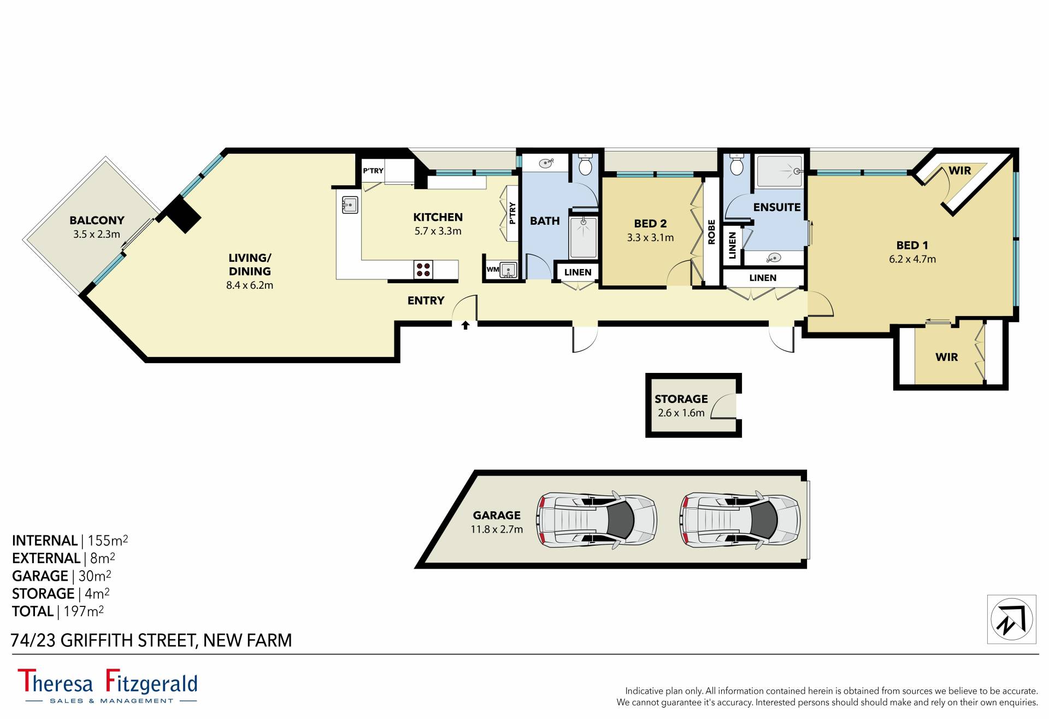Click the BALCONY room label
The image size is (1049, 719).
point(97,220)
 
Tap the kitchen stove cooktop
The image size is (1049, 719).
point(423,269)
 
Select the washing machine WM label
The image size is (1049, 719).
point(493,270)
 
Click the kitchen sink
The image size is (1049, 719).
point(350,205)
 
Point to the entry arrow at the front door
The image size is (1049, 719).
point(465,325)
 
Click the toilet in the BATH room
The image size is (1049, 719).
point(585,165)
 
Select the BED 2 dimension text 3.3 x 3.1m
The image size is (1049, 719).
point(650,238)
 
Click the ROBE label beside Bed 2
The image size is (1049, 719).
point(711,232)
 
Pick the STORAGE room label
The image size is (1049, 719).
point(681,399)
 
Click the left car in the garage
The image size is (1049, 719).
point(597,519)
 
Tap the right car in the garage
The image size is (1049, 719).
point(740,519)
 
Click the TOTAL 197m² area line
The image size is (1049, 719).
point(58,611)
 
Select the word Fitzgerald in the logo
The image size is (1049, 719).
point(151,682)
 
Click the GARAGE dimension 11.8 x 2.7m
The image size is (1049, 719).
point(497,529)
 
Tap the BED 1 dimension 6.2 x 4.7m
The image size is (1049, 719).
point(912,259)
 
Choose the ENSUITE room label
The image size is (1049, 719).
point(777,207)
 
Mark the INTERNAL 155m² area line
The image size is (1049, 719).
point(70,540)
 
